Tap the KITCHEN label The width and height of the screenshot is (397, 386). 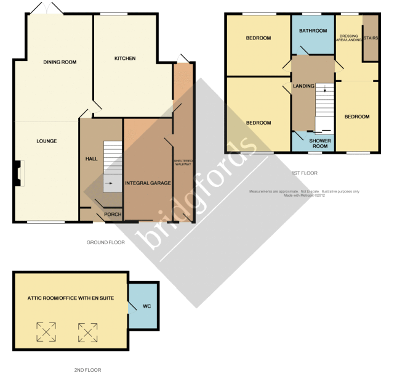tap(125, 59)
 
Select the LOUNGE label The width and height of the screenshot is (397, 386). tap(46, 141)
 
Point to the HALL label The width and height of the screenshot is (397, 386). tap(91, 159)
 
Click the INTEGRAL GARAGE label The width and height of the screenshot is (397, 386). tap(148, 183)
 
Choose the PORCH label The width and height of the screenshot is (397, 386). tap(113, 214)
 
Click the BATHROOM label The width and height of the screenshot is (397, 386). tap(313, 31)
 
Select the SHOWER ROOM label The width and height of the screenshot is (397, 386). tap(319, 143)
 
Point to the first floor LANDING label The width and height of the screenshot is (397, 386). tap(304, 86)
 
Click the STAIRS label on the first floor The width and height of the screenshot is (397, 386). tap(371, 38)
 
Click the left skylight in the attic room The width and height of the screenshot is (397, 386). tap(46, 332)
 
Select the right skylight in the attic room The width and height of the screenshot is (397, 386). tap(87, 332)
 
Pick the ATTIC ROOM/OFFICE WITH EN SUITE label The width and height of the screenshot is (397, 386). tap(71, 298)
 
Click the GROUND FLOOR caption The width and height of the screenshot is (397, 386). tap(105, 242)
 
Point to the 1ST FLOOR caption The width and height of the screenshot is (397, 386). tap(304, 173)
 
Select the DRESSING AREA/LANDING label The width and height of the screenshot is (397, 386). tap(348, 38)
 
